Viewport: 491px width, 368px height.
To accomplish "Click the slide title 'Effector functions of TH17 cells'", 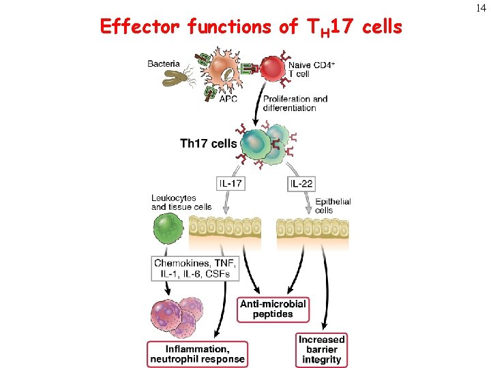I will point(251,27).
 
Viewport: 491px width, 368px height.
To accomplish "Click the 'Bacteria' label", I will point(164,64).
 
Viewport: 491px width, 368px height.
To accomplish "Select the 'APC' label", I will point(228,99).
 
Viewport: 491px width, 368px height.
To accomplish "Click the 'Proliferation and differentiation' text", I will point(295,103).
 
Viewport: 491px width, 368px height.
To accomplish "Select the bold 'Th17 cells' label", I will point(208,143).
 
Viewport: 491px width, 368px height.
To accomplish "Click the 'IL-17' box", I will point(230,183).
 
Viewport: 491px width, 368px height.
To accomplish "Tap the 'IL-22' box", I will point(301,183).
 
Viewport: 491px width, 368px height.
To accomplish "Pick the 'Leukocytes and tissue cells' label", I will point(181,202).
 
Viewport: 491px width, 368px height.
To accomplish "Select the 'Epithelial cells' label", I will point(333,206).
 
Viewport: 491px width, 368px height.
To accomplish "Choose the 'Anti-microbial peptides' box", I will point(273,309).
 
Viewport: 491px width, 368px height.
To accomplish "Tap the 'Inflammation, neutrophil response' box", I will point(196,354).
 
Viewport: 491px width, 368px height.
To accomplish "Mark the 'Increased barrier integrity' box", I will point(321,349).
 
